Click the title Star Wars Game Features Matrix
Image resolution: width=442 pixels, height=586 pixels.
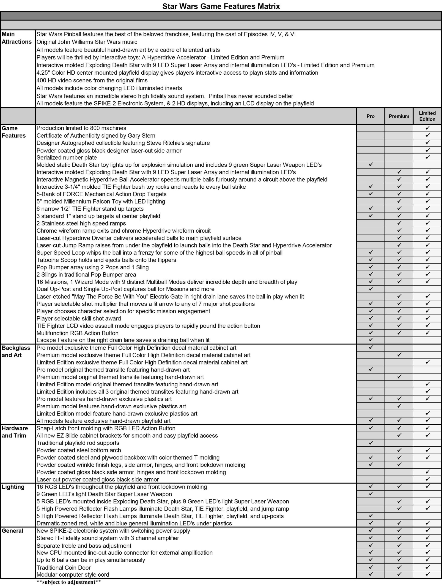(x=221, y=6)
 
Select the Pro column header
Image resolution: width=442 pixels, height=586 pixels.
(x=371, y=116)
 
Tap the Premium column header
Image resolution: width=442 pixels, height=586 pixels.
(x=399, y=116)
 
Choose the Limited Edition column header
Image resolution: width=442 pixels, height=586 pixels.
(x=427, y=116)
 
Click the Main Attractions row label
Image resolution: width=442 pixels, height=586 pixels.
(x=16, y=38)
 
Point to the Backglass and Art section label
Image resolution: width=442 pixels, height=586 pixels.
(x=16, y=351)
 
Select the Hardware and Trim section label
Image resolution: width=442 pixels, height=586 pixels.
(x=15, y=432)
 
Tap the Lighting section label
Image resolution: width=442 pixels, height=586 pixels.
(x=13, y=487)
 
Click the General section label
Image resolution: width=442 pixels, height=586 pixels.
(x=12, y=531)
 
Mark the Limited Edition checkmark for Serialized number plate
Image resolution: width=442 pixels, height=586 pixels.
(x=427, y=157)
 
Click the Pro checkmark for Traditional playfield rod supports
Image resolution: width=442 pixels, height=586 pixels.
(x=371, y=443)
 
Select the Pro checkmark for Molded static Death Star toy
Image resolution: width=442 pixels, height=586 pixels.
(x=371, y=165)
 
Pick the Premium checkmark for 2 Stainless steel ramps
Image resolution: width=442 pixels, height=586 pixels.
(x=399, y=223)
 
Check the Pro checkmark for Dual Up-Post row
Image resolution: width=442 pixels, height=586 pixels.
(x=371, y=289)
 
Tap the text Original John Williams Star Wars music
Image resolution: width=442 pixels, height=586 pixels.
(x=87, y=42)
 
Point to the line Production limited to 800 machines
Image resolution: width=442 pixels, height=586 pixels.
(x=81, y=128)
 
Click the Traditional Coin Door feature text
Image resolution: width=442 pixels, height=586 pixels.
(x=63, y=567)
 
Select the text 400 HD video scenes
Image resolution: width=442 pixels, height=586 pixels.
(x=92, y=81)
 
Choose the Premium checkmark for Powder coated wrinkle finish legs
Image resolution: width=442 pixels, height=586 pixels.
(x=399, y=464)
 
